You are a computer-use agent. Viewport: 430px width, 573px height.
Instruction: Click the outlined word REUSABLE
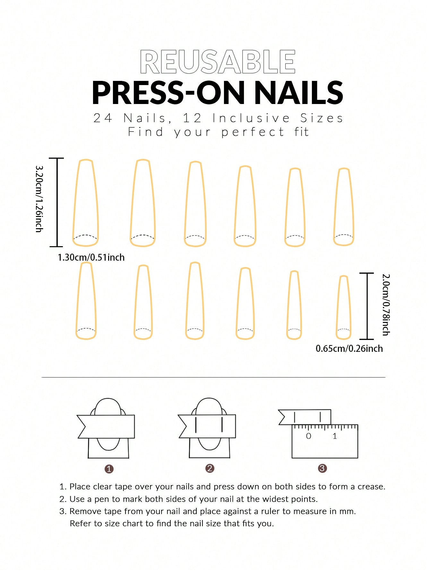(218, 62)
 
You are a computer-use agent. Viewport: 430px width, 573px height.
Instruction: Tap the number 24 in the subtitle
(103, 118)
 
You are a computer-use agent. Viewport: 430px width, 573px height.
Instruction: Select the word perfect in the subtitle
(253, 132)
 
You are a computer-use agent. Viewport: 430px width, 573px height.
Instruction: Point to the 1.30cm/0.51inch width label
(91, 257)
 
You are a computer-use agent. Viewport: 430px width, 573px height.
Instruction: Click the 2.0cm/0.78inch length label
(386, 305)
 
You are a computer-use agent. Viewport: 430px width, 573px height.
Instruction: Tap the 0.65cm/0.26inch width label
(349, 349)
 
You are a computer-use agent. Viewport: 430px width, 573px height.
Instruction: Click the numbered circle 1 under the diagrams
(109, 469)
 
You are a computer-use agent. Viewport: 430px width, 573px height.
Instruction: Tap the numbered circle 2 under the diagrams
(210, 468)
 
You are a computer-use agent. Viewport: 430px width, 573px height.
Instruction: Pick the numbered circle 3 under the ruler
(322, 468)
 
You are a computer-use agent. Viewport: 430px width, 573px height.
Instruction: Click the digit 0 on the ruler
(308, 436)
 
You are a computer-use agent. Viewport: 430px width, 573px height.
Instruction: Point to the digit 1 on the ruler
(335, 436)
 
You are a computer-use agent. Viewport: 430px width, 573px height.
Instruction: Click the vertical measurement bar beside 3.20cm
(57, 202)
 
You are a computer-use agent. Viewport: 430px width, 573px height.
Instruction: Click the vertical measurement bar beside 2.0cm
(366, 306)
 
